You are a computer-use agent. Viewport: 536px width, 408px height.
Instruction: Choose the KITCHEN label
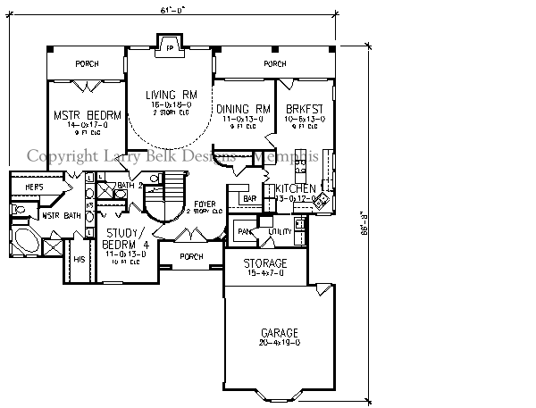click(x=295, y=189)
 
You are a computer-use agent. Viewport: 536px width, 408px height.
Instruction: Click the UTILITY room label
click(x=280, y=232)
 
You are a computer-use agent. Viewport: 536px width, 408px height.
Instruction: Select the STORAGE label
click(x=266, y=264)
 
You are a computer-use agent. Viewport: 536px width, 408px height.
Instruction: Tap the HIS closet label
click(x=79, y=259)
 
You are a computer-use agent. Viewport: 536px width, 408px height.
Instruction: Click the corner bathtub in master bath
click(x=24, y=243)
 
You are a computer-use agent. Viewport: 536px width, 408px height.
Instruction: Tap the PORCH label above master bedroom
click(x=86, y=64)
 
